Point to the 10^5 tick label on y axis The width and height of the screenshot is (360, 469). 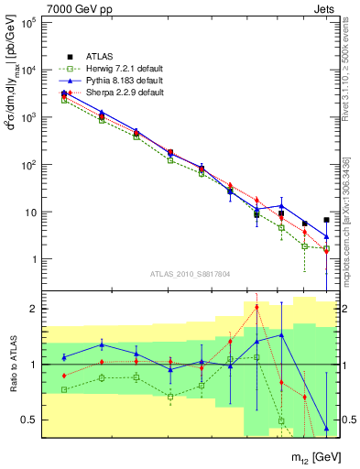28,22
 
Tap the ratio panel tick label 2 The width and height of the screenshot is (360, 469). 34,309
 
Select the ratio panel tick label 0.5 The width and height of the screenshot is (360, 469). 30,420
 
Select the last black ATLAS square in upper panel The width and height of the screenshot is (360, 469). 326,220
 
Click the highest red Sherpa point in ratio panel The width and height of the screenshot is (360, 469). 256,308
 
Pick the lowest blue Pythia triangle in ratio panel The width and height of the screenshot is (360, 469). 326,428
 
